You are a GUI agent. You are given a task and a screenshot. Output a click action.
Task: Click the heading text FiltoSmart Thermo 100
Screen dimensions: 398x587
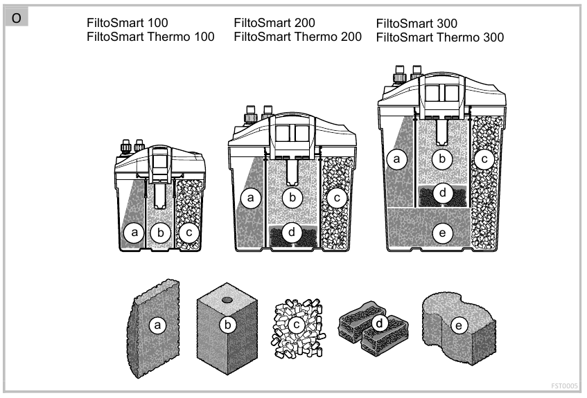pyautogui.click(x=150, y=36)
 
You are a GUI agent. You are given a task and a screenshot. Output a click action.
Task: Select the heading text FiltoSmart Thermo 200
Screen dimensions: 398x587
pyautogui.click(x=298, y=36)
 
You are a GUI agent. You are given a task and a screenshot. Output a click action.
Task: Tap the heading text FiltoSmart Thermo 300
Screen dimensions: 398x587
pyautogui.click(x=440, y=37)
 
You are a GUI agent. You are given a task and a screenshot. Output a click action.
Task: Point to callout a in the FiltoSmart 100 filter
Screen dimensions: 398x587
pyautogui.click(x=136, y=233)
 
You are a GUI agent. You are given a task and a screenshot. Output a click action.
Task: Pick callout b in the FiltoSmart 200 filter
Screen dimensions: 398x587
pyautogui.click(x=292, y=199)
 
